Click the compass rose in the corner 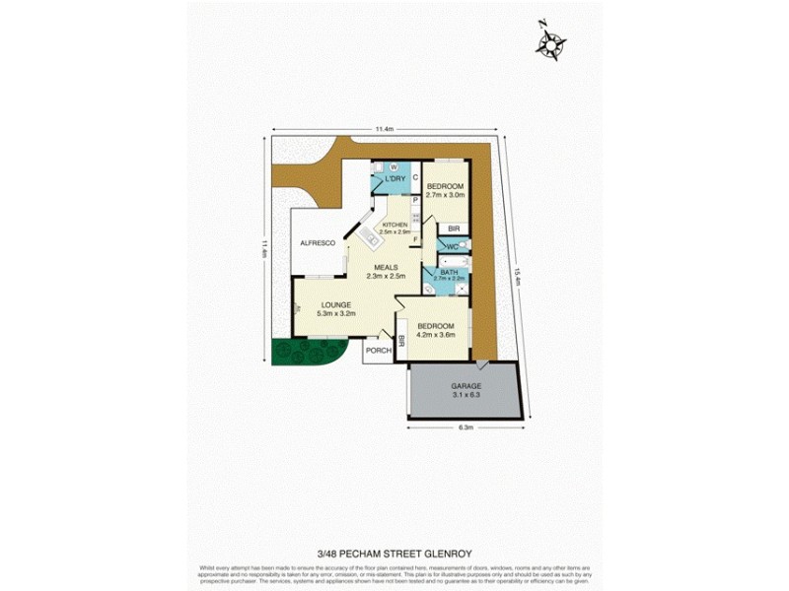[550, 41]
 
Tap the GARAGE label [466, 386]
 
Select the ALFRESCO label [318, 242]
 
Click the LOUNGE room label [335, 305]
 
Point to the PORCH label [378, 351]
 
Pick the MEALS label [386, 267]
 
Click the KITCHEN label [394, 226]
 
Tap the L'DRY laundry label [395, 178]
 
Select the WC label [452, 245]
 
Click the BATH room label [449, 272]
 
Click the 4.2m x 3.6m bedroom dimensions [435, 335]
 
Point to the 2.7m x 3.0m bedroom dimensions [445, 195]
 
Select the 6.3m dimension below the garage [466, 427]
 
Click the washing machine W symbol [393, 167]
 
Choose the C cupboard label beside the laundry [415, 178]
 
